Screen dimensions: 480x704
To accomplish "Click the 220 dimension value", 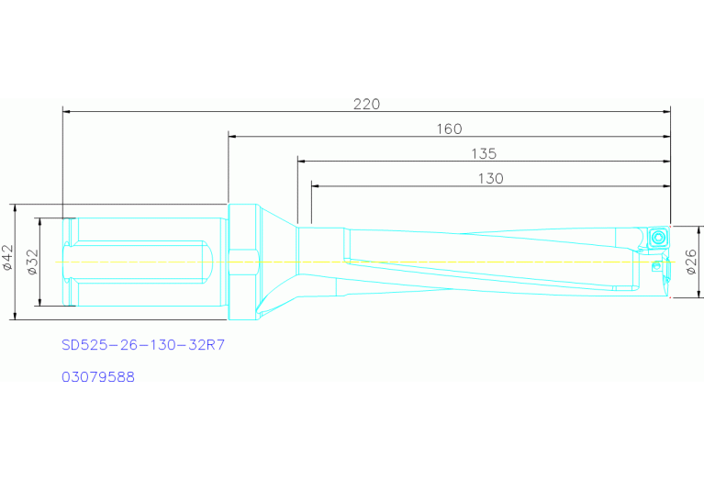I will tap(366, 104).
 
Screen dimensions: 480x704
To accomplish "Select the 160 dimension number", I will tap(448, 128).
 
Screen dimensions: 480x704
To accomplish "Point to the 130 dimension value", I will tap(490, 179).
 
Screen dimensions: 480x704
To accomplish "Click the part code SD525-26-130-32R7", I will tap(142, 346).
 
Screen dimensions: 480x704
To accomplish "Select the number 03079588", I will tap(98, 376).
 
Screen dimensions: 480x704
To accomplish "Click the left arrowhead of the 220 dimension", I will tap(67, 112).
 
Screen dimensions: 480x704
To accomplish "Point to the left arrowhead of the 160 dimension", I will tap(233, 136).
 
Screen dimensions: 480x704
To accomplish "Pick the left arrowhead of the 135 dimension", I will tap(302, 161).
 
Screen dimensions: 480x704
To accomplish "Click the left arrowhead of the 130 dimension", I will tap(316, 186).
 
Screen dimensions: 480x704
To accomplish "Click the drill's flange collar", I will tap(242, 262).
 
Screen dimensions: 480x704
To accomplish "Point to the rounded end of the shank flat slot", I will tap(209, 262).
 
